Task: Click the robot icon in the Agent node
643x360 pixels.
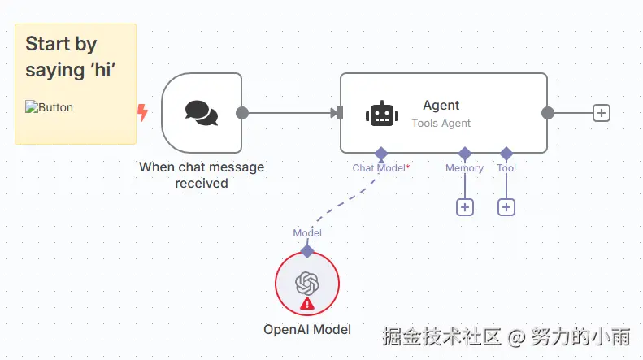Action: pyautogui.click(x=382, y=113)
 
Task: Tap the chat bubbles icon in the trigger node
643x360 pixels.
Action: pyautogui.click(x=202, y=113)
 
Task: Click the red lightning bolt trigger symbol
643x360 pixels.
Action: pyautogui.click(x=142, y=113)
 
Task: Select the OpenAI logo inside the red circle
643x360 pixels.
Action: pyautogui.click(x=307, y=284)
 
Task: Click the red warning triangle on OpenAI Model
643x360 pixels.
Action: pyautogui.click(x=307, y=304)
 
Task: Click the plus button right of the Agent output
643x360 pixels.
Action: pyautogui.click(x=602, y=113)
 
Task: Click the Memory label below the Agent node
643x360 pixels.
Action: pyautogui.click(x=465, y=168)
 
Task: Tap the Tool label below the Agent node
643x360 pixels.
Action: pyautogui.click(x=506, y=168)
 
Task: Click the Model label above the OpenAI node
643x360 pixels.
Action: pyautogui.click(x=307, y=233)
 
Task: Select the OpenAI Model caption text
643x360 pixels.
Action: pyautogui.click(x=307, y=330)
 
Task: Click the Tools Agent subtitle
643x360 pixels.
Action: pyautogui.click(x=441, y=123)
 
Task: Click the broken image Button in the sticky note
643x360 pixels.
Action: pyautogui.click(x=50, y=107)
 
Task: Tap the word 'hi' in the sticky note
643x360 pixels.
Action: pyautogui.click(x=103, y=69)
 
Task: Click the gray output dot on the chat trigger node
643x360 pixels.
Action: pyautogui.click(x=242, y=113)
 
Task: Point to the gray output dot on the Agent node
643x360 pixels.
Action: pyautogui.click(x=547, y=113)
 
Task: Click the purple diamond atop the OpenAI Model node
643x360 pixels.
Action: pyautogui.click(x=307, y=251)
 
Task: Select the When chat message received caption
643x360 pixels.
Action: pyautogui.click(x=202, y=175)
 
